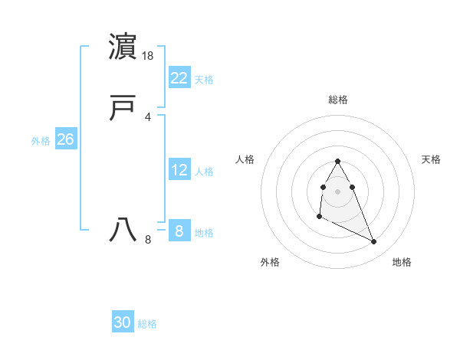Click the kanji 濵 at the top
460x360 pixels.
click(x=123, y=47)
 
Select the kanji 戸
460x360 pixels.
click(x=123, y=109)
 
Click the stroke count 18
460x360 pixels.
click(x=149, y=56)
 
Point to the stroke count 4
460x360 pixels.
click(x=147, y=116)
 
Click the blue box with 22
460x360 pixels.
click(x=179, y=78)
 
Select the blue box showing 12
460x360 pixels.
click(x=179, y=170)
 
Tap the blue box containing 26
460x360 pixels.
click(x=65, y=139)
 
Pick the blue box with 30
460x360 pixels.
click(x=123, y=322)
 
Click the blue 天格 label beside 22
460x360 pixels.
click(x=204, y=80)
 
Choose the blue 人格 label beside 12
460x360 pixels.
click(x=204, y=172)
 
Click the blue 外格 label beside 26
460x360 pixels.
click(x=41, y=141)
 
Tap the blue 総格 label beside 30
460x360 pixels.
click(x=147, y=324)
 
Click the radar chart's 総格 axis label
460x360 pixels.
click(x=338, y=100)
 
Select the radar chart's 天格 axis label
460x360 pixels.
click(x=432, y=159)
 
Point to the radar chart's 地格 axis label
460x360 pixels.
click(x=402, y=262)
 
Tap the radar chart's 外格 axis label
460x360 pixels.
click(x=270, y=262)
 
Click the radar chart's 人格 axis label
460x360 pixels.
click(x=245, y=159)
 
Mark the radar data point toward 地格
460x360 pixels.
click(x=374, y=242)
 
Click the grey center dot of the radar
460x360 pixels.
click(x=337, y=190)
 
